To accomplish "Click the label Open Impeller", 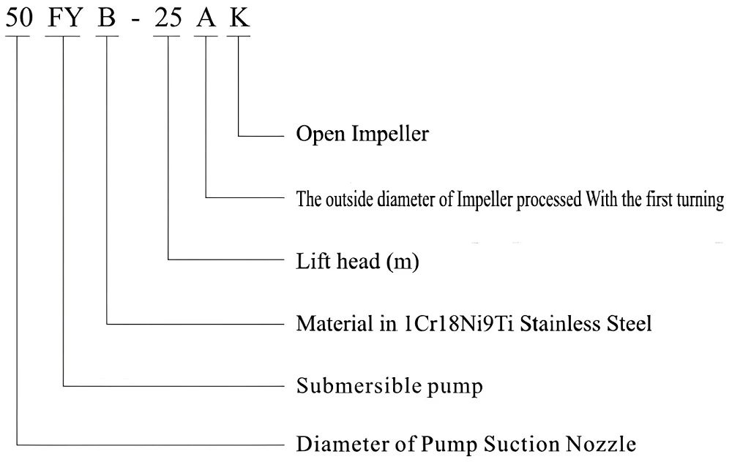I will [x=362, y=136].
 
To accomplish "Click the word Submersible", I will [x=341, y=385].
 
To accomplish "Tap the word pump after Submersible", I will [x=460, y=387].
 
